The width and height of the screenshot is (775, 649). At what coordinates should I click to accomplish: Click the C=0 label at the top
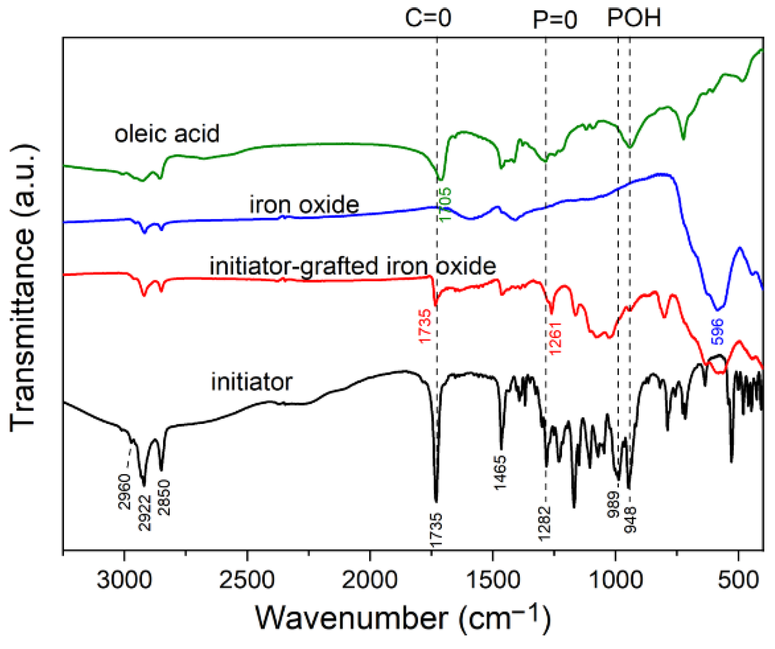click(x=428, y=18)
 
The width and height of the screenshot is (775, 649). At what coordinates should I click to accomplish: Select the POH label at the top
click(x=634, y=18)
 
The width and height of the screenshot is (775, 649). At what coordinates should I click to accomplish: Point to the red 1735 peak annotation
click(x=425, y=326)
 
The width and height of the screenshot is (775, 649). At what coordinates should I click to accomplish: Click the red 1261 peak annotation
click(x=555, y=338)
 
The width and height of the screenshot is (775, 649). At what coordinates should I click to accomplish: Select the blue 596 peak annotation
click(x=717, y=331)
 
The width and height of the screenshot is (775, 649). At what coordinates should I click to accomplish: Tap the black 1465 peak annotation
click(x=500, y=473)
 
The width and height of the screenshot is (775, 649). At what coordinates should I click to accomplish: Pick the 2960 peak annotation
click(x=125, y=492)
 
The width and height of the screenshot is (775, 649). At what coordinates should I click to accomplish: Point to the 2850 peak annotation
click(x=165, y=497)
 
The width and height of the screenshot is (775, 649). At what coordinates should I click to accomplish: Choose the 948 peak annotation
click(x=630, y=519)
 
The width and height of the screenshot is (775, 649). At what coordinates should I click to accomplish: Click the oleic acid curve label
click(x=167, y=134)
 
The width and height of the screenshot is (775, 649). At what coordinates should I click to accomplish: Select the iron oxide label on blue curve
click(x=304, y=204)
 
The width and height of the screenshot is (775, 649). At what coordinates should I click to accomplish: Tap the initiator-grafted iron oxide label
click(x=353, y=266)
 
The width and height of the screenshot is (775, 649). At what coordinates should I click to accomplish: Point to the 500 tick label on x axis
click(x=738, y=580)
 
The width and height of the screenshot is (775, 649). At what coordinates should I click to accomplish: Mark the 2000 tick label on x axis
click(x=370, y=580)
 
